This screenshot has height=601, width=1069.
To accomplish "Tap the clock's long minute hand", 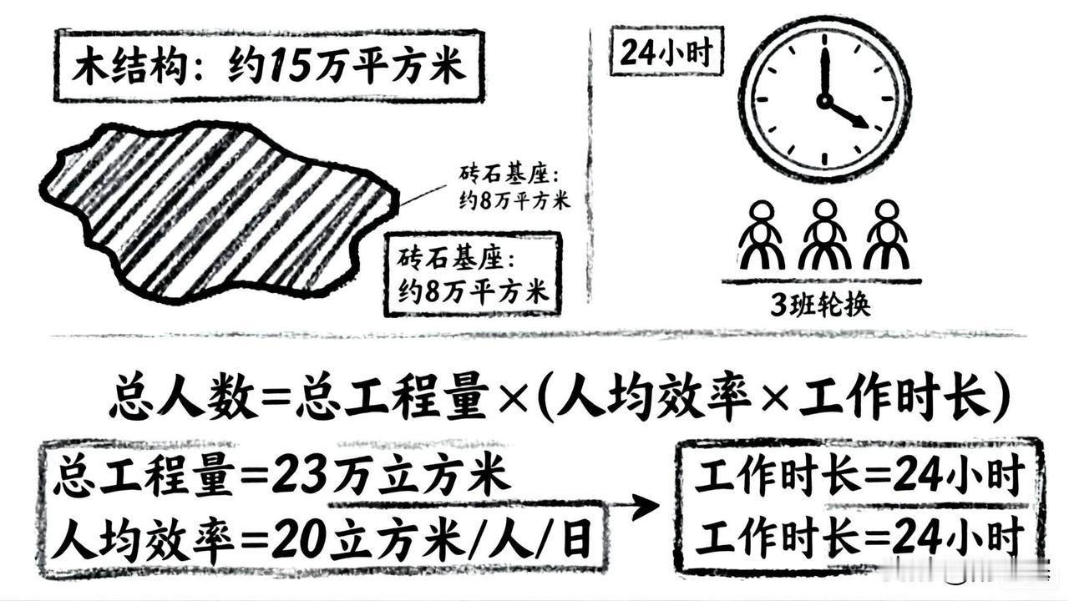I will pos(825,73).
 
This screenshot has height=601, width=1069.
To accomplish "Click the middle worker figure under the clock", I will pos(823,235).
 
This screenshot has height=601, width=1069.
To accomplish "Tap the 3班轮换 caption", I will pos(820,306).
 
